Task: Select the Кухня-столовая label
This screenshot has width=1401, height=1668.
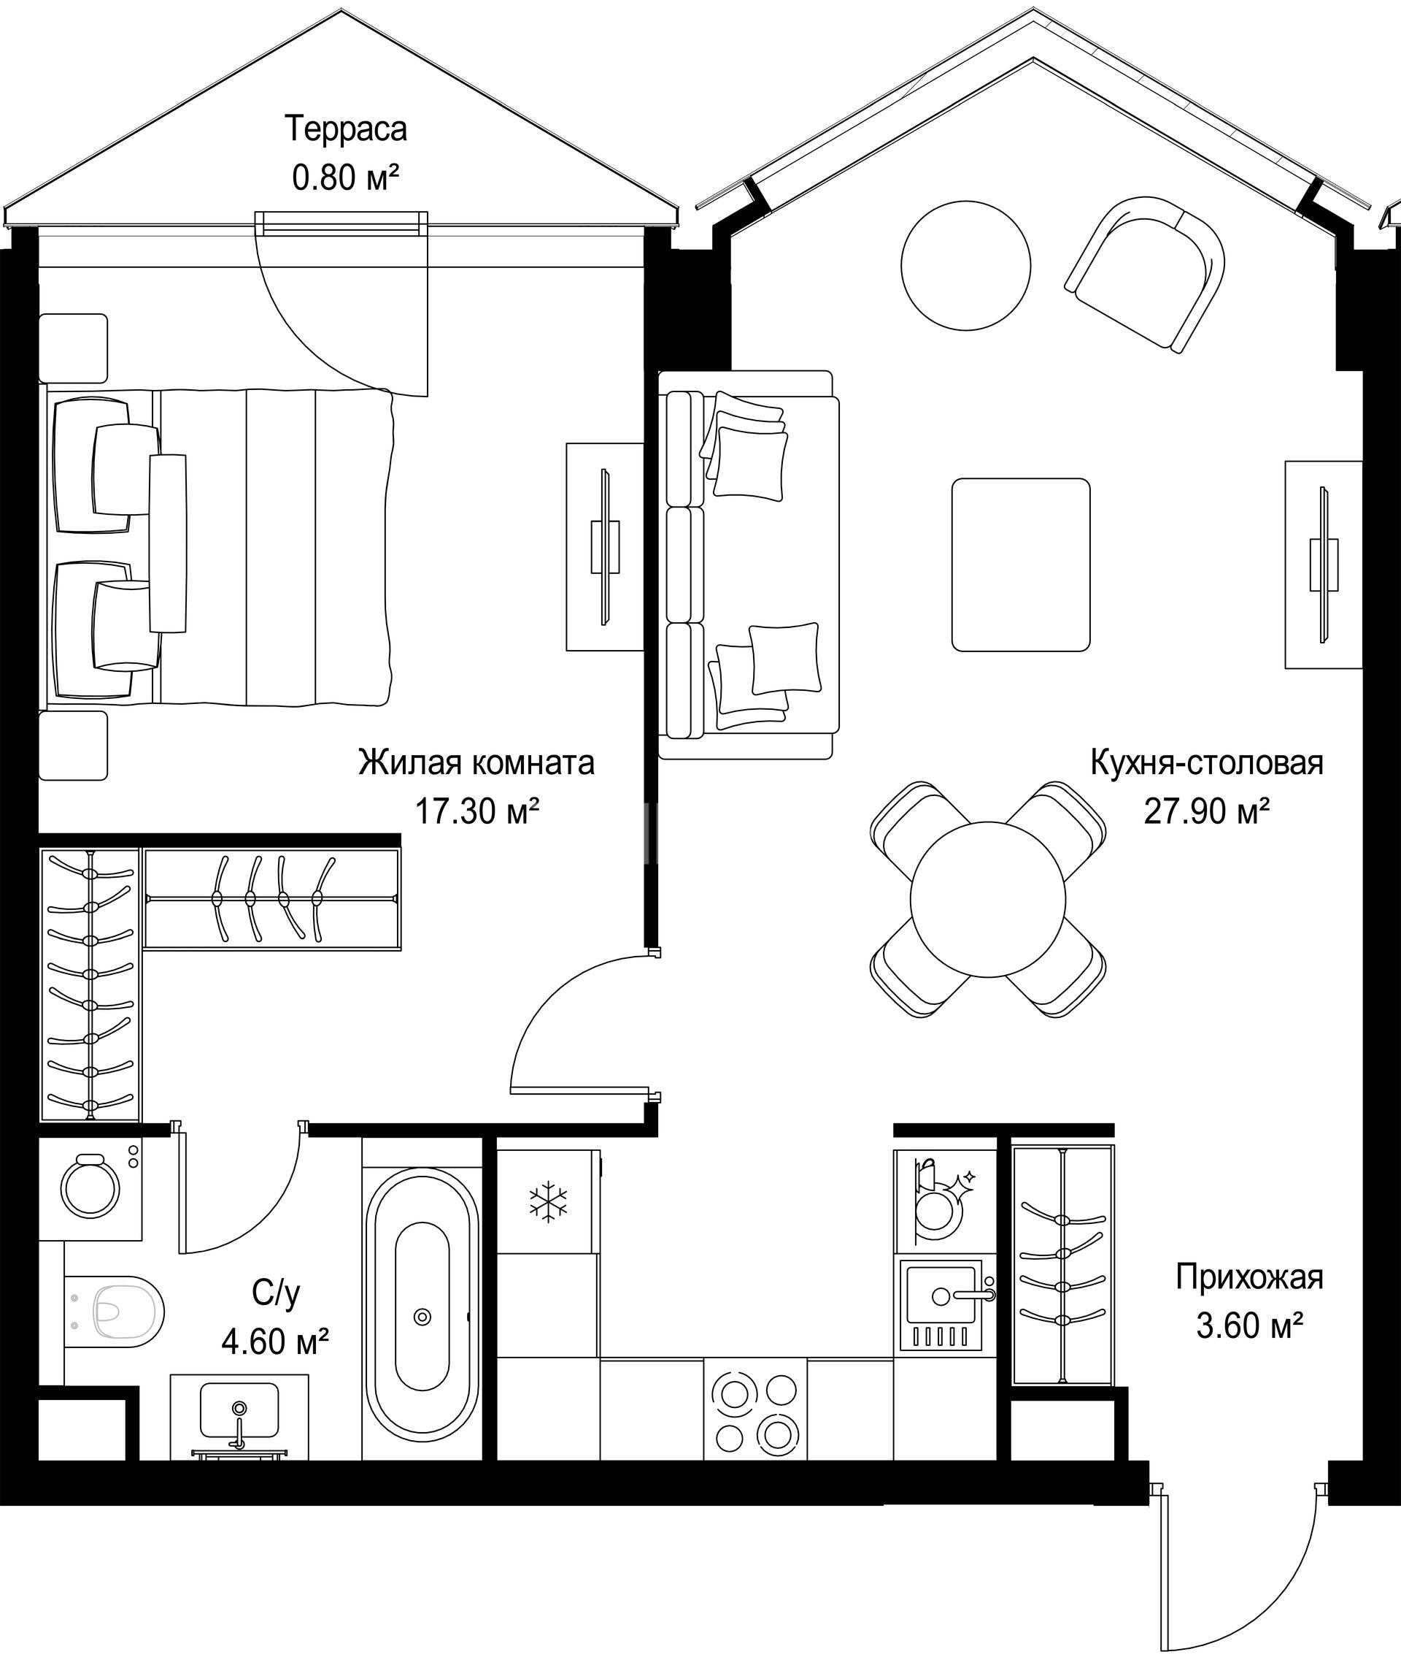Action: coord(1206,763)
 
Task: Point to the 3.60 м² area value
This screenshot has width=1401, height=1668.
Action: coord(1249,1325)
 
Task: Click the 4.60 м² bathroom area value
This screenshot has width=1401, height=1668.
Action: coord(276,1342)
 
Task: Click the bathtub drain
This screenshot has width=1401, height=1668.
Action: coord(422,1317)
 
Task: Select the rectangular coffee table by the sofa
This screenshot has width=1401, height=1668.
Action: coord(1022,565)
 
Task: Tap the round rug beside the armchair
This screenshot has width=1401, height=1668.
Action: coord(966,264)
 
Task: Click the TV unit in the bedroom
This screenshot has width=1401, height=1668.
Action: coord(604,548)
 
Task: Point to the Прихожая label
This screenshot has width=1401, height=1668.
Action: coord(1250,1278)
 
